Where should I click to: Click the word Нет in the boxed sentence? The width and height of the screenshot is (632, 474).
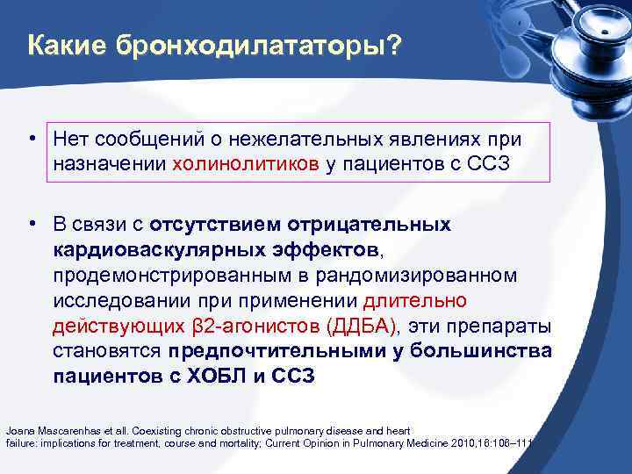pos(70,139)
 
